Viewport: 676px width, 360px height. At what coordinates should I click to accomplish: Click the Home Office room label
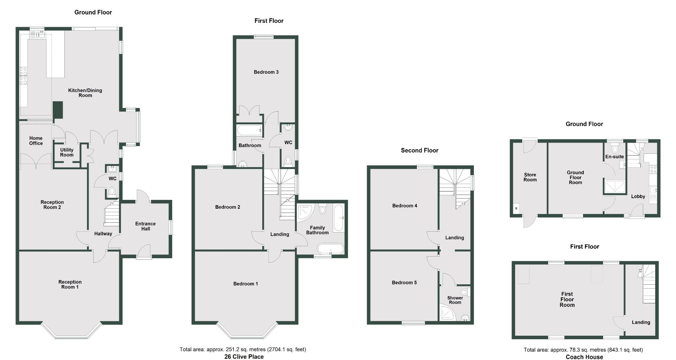pyautogui.click(x=36, y=141)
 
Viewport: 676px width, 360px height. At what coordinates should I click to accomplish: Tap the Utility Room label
pyautogui.click(x=67, y=152)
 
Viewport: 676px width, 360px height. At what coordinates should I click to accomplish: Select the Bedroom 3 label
pyautogui.click(x=266, y=72)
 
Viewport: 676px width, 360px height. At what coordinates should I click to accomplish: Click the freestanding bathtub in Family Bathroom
pyautogui.click(x=330, y=249)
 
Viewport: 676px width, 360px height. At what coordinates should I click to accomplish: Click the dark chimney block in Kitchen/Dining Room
pyautogui.click(x=58, y=110)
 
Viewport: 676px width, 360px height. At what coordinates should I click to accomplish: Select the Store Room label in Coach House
pyautogui.click(x=530, y=177)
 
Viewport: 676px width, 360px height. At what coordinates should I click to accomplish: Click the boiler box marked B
pyautogui.click(x=517, y=208)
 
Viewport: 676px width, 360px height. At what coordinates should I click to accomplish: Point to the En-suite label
pyautogui.click(x=614, y=157)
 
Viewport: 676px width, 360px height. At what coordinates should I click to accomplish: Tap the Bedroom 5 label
pyautogui.click(x=404, y=283)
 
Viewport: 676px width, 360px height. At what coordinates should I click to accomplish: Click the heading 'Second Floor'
pyautogui.click(x=419, y=151)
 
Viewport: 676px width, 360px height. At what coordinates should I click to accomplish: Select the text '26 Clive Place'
pyautogui.click(x=244, y=356)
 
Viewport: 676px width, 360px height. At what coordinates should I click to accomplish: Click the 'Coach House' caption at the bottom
pyautogui.click(x=584, y=357)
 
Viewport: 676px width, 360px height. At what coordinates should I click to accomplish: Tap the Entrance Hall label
pyautogui.click(x=145, y=226)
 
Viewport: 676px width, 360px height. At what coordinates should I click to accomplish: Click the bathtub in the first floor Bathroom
pyautogui.click(x=249, y=131)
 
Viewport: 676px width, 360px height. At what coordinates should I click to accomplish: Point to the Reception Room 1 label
pyautogui.click(x=70, y=284)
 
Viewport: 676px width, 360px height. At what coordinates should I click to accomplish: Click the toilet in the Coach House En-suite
pyautogui.click(x=615, y=149)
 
